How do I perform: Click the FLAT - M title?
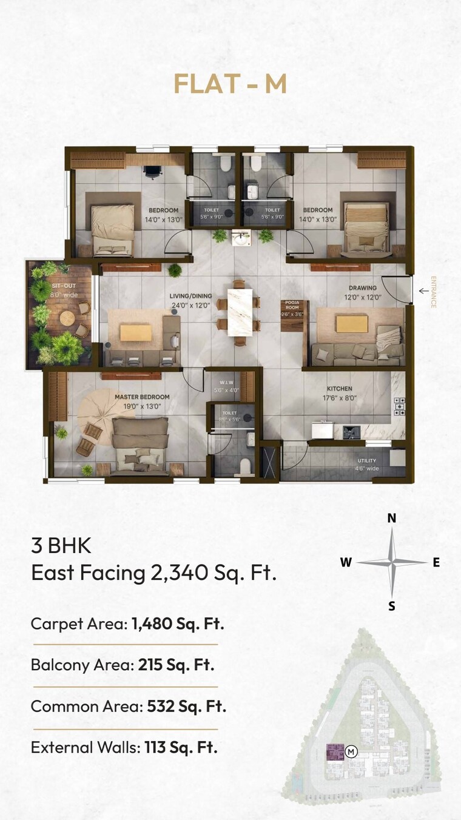(x=230, y=84)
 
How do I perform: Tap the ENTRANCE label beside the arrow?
(x=433, y=292)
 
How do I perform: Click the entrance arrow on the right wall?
(x=423, y=292)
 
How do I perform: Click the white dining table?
(x=240, y=312)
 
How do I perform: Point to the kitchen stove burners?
(x=399, y=406)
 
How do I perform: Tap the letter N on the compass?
(x=392, y=518)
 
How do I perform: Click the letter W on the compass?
(x=346, y=562)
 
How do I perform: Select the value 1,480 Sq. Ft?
(x=178, y=623)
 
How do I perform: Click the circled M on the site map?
(x=351, y=752)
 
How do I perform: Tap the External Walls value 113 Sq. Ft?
(x=181, y=747)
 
